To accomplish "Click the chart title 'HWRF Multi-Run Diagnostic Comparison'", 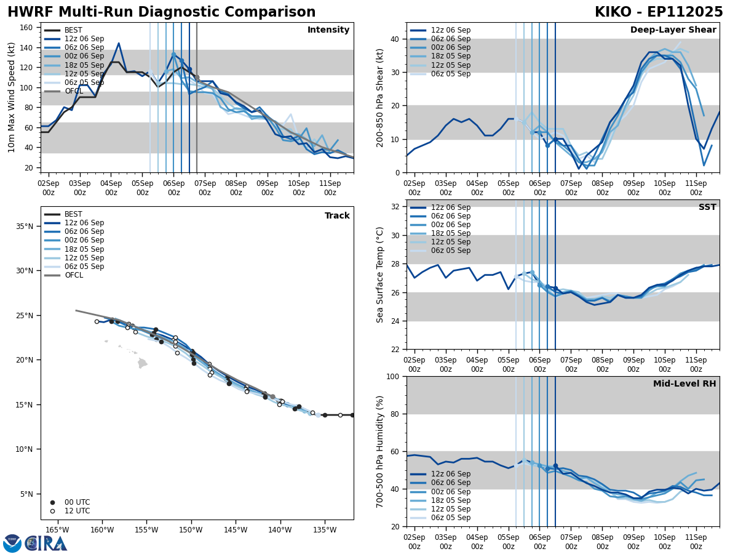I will pyautogui.click(x=161, y=12).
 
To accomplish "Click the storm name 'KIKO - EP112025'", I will pyautogui.click(x=659, y=12).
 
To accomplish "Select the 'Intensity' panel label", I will pyautogui.click(x=328, y=30).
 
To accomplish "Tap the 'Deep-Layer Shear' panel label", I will pyautogui.click(x=673, y=30).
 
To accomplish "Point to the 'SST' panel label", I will pyautogui.click(x=707, y=207).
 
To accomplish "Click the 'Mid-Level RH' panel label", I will pyautogui.click(x=684, y=384).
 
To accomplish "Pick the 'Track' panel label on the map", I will pyautogui.click(x=337, y=216).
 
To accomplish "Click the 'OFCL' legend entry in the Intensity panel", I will pyautogui.click(x=73, y=91).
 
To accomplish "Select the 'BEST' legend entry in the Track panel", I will pyautogui.click(x=73, y=214).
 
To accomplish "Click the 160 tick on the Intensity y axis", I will pyautogui.click(x=28, y=28).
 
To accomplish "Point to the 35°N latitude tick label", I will pyautogui.click(x=23, y=227).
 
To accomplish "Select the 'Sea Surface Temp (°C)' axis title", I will pyautogui.click(x=380, y=275).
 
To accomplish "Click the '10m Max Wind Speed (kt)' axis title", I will pyautogui.click(x=12, y=98).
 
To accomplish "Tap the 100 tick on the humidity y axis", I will pyautogui.click(x=391, y=376).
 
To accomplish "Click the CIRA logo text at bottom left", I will pyautogui.click(x=46, y=544).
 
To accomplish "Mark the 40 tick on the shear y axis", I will pyautogui.click(x=394, y=39).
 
